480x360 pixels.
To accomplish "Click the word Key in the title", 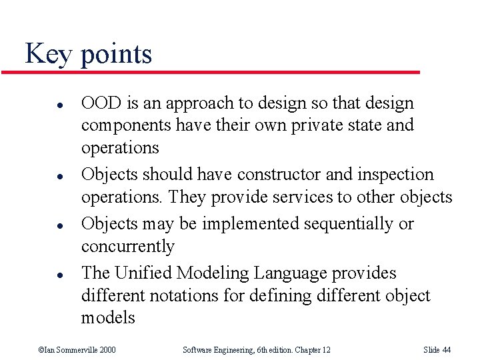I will [49, 54].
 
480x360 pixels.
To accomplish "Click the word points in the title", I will [116, 55].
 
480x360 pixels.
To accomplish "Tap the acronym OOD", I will [99, 103].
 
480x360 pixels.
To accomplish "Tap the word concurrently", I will [127, 247].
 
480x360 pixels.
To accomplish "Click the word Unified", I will [143, 273].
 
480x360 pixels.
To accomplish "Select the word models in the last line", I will [107, 318].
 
